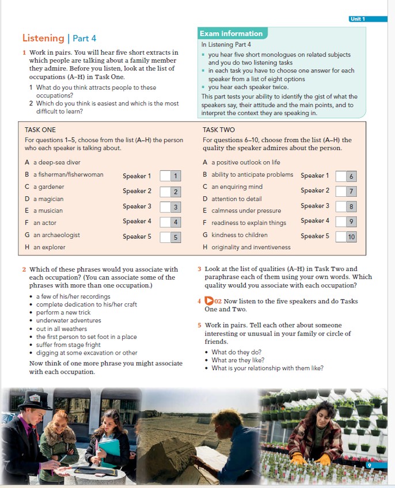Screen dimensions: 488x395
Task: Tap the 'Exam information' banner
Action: pos(231,33)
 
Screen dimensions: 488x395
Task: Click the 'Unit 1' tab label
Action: pos(357,19)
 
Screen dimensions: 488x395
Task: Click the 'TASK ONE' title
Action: pos(40,130)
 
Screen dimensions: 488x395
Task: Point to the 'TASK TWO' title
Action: pos(219,130)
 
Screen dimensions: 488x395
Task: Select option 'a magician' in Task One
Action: pos(48,199)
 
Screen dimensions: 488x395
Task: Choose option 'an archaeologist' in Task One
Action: pos(56,235)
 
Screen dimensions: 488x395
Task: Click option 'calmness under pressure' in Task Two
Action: pos(246,211)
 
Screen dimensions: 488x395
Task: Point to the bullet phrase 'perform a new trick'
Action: pos(63,312)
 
